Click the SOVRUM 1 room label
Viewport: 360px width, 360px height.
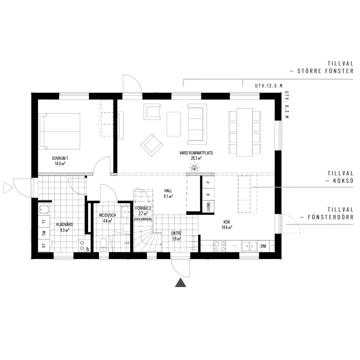click(x=60, y=158)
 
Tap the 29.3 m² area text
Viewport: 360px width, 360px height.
click(x=196, y=158)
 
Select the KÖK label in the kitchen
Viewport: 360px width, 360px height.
click(x=227, y=222)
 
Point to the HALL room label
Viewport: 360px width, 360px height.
click(x=168, y=190)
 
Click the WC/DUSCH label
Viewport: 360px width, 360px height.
click(x=107, y=215)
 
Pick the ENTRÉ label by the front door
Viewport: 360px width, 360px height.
click(x=176, y=233)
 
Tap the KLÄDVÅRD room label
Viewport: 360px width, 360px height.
click(x=64, y=225)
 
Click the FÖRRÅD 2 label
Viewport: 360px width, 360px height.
click(x=143, y=208)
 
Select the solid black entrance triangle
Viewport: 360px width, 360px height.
click(x=181, y=282)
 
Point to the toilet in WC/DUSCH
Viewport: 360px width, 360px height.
click(x=103, y=244)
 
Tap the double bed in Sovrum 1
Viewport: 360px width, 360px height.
click(x=60, y=131)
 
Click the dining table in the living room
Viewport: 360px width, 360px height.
click(x=244, y=132)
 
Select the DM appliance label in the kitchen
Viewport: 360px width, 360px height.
click(x=264, y=246)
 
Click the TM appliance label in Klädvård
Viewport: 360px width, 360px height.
click(x=44, y=233)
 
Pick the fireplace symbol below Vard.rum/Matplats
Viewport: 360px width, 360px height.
click(x=194, y=167)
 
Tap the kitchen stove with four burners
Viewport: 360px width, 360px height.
click(x=220, y=246)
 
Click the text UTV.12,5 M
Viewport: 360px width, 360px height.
click(x=269, y=86)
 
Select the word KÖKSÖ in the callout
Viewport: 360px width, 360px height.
click(x=343, y=181)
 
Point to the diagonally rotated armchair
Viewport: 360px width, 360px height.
click(x=152, y=145)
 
